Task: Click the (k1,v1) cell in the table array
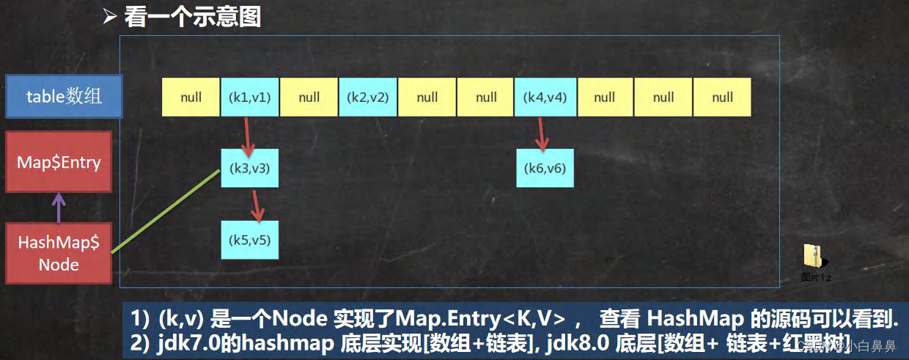pyautogui.click(x=250, y=97)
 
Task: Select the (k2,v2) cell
pyautogui.click(x=368, y=97)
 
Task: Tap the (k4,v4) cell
pyautogui.click(x=545, y=97)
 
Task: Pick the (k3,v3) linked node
pyautogui.click(x=250, y=168)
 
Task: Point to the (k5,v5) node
pyautogui.click(x=250, y=240)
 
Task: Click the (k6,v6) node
pyautogui.click(x=545, y=168)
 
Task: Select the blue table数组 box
pyautogui.click(x=64, y=96)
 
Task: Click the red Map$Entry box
pyautogui.click(x=59, y=162)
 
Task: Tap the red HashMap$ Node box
pyautogui.click(x=59, y=254)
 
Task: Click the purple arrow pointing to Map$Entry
pyautogui.click(x=59, y=207)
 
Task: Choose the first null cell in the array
pyautogui.click(x=191, y=97)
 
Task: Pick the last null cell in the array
pyautogui.click(x=722, y=97)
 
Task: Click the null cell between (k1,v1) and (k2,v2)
pyautogui.click(x=309, y=97)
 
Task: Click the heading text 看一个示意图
pyautogui.click(x=192, y=16)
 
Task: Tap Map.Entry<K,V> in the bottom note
pyautogui.click(x=487, y=319)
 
